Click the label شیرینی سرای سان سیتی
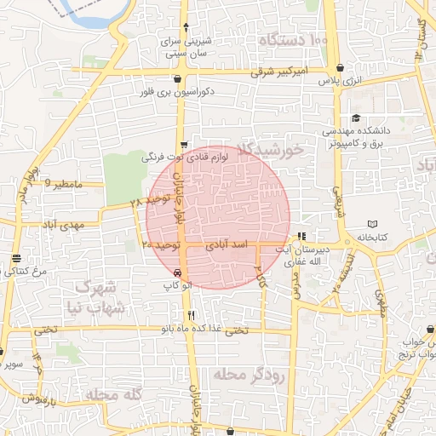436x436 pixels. [186, 47]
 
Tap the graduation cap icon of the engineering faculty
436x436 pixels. [355, 118]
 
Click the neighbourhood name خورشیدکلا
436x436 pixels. [272, 151]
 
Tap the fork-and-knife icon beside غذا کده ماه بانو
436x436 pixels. [192, 315]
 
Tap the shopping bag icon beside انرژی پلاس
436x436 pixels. [341, 67]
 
